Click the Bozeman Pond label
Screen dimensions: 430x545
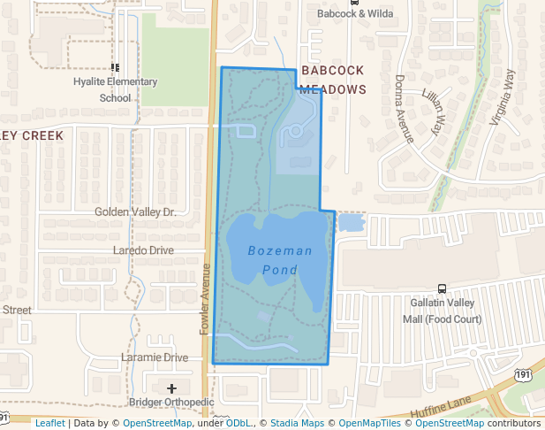click(x=279, y=260)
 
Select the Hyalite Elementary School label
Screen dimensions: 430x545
click(x=115, y=89)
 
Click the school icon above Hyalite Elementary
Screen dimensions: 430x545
click(x=115, y=67)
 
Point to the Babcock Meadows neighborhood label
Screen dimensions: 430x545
click(x=332, y=79)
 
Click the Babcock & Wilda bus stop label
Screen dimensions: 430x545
click(x=354, y=14)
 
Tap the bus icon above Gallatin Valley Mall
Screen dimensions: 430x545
click(x=442, y=288)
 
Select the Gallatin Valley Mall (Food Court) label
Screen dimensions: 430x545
click(x=442, y=311)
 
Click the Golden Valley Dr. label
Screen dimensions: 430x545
click(x=135, y=212)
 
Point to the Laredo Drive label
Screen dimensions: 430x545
click(x=143, y=250)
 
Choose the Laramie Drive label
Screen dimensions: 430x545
click(x=155, y=357)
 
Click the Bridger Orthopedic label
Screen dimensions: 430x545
click(x=171, y=403)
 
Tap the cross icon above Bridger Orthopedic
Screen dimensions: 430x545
click(x=171, y=388)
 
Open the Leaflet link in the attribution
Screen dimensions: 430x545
click(x=49, y=424)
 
